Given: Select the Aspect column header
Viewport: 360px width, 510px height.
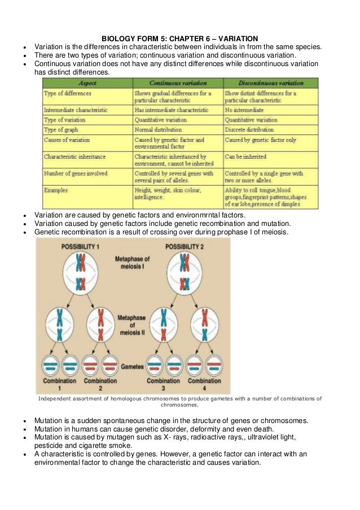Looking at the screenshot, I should pyautogui.click(x=86, y=83).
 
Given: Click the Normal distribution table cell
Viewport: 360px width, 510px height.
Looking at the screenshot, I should pyautogui.click(x=157, y=130).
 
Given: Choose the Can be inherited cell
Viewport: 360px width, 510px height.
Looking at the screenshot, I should pyautogui.click(x=245, y=156).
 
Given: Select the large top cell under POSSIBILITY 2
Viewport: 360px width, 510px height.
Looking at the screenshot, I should pyautogui.click(x=185, y=274).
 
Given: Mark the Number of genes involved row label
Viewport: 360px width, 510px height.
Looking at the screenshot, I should pyautogui.click(x=76, y=173).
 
